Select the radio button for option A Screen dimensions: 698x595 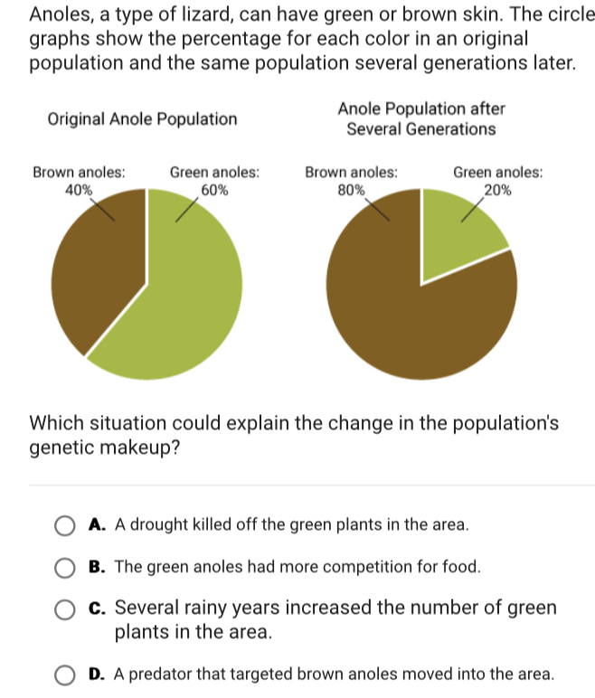[x=66, y=525]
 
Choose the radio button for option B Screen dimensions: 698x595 [x=66, y=568]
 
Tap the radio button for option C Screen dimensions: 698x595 [x=66, y=610]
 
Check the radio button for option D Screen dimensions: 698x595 [x=66, y=674]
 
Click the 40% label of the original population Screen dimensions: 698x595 [x=79, y=190]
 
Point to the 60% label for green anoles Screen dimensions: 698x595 [x=214, y=190]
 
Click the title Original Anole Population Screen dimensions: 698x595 [x=142, y=119]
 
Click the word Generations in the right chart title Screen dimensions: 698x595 [x=449, y=128]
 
